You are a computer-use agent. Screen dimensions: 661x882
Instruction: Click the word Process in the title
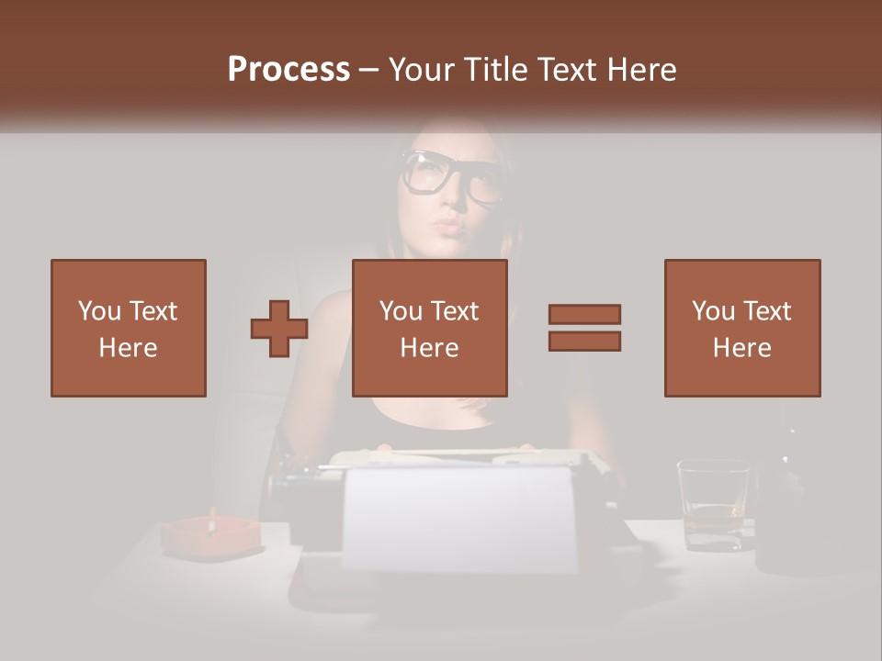pyautogui.click(x=288, y=70)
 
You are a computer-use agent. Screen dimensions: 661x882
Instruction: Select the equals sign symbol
pyautogui.click(x=584, y=328)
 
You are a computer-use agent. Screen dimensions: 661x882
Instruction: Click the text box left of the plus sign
pyautogui.click(x=129, y=328)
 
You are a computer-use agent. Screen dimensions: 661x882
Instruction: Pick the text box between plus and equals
pyautogui.click(x=430, y=328)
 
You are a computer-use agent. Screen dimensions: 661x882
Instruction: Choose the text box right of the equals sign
pyautogui.click(x=742, y=328)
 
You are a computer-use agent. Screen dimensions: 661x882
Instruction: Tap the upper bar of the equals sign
pyautogui.click(x=584, y=315)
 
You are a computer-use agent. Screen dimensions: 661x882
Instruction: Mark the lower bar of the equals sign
pyautogui.click(x=584, y=341)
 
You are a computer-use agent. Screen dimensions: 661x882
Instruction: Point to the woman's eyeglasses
pyautogui.click(x=452, y=175)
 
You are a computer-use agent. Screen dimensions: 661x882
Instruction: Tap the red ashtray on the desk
pyautogui.click(x=210, y=538)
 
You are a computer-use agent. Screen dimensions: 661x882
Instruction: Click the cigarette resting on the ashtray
pyautogui.click(x=212, y=520)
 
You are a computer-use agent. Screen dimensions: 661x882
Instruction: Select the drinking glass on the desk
pyautogui.click(x=713, y=505)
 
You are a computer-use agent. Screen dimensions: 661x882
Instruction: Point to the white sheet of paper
pyautogui.click(x=459, y=519)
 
